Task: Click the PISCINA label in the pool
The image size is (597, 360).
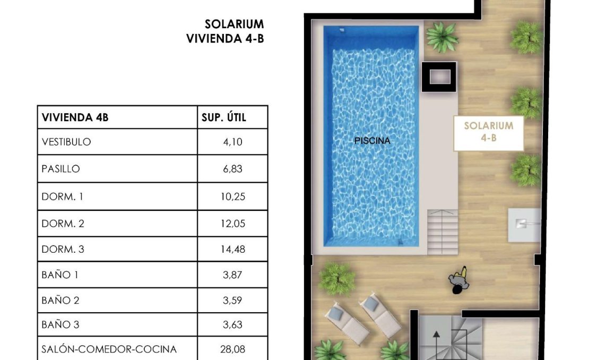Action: coord(372,141)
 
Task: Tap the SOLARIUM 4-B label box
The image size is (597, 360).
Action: coord(489,133)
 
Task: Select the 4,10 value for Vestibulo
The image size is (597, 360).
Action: coord(232,142)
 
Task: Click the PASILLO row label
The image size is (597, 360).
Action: coord(60,169)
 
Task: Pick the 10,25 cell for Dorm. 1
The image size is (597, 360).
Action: coord(232,196)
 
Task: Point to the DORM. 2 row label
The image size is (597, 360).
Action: coord(63,224)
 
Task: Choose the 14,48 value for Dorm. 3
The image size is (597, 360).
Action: coord(232,249)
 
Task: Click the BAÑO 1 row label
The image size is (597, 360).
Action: coord(60,275)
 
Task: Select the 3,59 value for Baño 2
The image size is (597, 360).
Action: coord(232,300)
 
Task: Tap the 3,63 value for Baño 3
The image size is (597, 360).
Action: coord(232,324)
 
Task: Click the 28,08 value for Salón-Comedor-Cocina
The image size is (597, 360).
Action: coord(232,349)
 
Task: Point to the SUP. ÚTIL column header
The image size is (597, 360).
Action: coord(224,117)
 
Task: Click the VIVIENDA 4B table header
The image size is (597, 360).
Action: coord(75,117)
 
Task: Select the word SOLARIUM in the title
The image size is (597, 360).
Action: coord(234,24)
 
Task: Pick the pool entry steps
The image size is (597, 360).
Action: coord(442,232)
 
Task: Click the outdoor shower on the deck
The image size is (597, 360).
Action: coord(524,225)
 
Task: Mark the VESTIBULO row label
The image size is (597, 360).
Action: coord(66,142)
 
